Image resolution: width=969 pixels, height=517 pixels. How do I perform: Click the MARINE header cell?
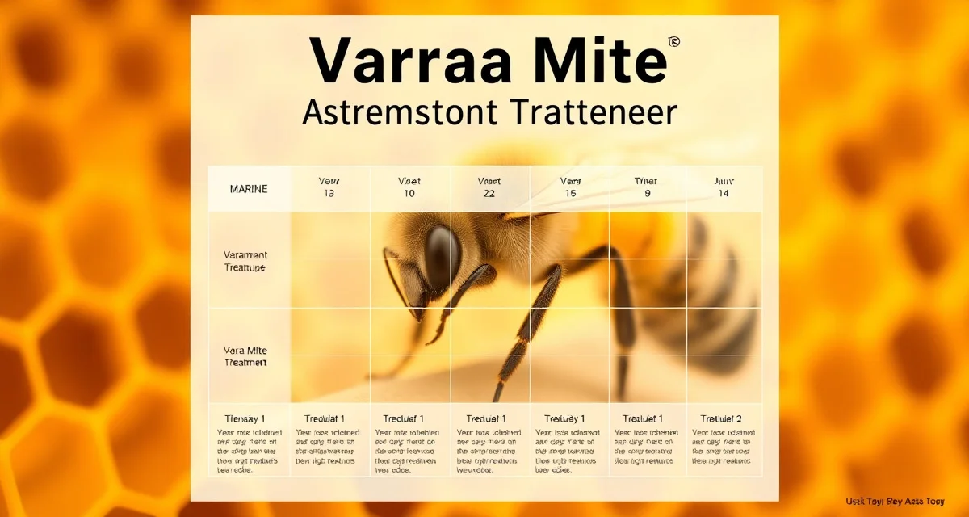249,189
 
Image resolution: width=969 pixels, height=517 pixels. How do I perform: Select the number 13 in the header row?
329,195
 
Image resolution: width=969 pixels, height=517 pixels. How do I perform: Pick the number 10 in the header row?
409,195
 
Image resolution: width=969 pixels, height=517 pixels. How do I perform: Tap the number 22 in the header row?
489,195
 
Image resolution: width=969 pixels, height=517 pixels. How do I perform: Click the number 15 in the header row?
570,195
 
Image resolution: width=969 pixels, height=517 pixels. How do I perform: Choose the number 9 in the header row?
647,195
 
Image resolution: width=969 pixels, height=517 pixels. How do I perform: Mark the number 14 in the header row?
723,195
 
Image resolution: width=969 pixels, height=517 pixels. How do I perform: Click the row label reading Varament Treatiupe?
245,261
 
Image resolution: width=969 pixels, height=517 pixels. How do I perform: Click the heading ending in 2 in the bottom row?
722,418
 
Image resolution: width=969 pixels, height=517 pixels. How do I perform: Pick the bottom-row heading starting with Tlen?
245,418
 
